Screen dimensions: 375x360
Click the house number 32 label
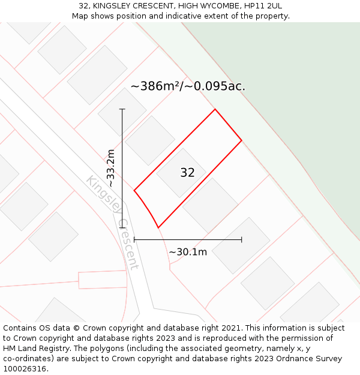[x=187, y=173]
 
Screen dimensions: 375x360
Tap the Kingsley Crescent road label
[x=113, y=222]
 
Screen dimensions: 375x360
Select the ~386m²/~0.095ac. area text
[x=188, y=86]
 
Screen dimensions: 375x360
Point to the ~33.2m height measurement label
[x=111, y=169]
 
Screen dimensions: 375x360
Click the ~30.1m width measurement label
[x=188, y=252]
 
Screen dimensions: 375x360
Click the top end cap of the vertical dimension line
[x=122, y=109]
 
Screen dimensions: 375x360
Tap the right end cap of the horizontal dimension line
[x=242, y=239]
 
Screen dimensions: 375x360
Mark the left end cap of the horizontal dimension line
[x=134, y=239]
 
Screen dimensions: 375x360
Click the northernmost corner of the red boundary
[x=215, y=109]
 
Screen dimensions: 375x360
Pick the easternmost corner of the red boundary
[x=242, y=140]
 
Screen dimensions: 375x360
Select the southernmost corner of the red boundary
[x=158, y=227]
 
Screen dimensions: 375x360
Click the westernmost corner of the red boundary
[x=134, y=191]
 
